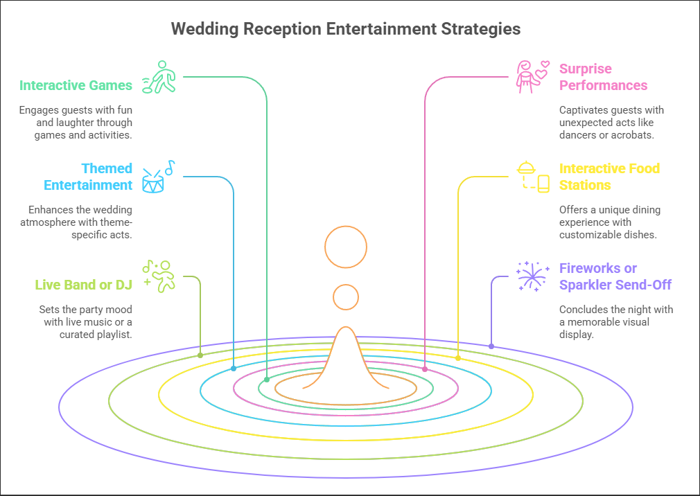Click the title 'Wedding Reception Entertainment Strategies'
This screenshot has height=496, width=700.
[346, 29]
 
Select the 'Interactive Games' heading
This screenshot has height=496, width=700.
[76, 85]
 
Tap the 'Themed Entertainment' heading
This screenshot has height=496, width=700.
[88, 177]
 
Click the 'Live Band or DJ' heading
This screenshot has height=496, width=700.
[83, 284]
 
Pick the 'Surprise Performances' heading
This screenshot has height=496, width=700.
[603, 77]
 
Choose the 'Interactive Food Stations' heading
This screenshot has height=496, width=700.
[609, 177]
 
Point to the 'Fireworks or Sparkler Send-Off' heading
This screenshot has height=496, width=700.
[615, 276]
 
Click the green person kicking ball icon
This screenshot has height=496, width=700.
[159, 77]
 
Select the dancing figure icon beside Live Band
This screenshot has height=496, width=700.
[159, 275]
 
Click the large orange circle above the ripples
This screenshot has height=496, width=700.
[346, 247]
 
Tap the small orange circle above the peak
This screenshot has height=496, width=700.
[346, 297]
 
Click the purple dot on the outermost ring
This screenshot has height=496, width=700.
[491, 346]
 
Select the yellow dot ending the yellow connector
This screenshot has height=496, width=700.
[457, 358]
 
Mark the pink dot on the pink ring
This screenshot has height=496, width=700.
[425, 369]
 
